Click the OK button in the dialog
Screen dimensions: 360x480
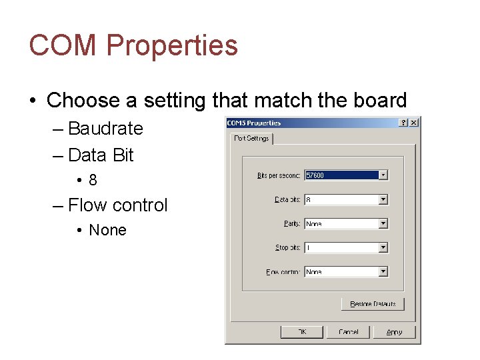tap(302, 331)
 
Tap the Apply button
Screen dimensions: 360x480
tap(394, 331)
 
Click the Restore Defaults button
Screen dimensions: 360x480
tap(373, 304)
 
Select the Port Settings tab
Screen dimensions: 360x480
tap(252, 139)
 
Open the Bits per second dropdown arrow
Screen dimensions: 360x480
tap(383, 175)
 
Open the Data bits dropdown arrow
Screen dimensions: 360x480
tap(383, 199)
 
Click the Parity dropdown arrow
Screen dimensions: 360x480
tap(383, 223)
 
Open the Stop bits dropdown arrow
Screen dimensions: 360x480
tap(383, 247)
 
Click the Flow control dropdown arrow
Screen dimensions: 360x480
tap(383, 271)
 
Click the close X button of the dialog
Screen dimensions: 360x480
tap(414, 123)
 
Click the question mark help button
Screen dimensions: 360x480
tap(403, 123)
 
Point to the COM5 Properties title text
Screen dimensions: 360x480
tap(254, 123)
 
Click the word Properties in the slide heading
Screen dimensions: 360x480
tap(171, 45)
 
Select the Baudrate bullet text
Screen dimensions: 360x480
tap(105, 128)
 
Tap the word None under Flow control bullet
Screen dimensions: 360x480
tap(107, 230)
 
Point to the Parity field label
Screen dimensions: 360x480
tap(292, 223)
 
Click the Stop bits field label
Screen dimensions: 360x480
tap(288, 247)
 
